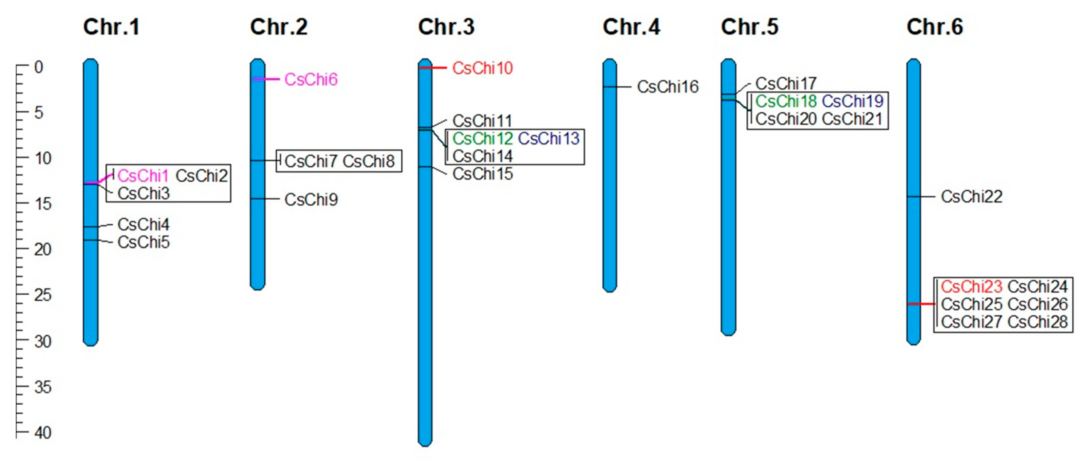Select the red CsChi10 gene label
click(x=482, y=68)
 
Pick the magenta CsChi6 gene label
click(x=311, y=79)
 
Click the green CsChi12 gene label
click(x=482, y=138)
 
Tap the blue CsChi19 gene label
click(x=852, y=101)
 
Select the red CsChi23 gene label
click(x=971, y=287)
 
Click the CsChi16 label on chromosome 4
click(x=667, y=87)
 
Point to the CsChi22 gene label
click(x=971, y=197)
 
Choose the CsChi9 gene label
click(x=311, y=199)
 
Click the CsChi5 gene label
click(x=143, y=242)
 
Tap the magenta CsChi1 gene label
click(x=143, y=176)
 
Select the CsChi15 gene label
click(x=482, y=174)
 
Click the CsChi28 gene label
click(x=1037, y=322)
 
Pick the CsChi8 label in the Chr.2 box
click(x=368, y=161)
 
